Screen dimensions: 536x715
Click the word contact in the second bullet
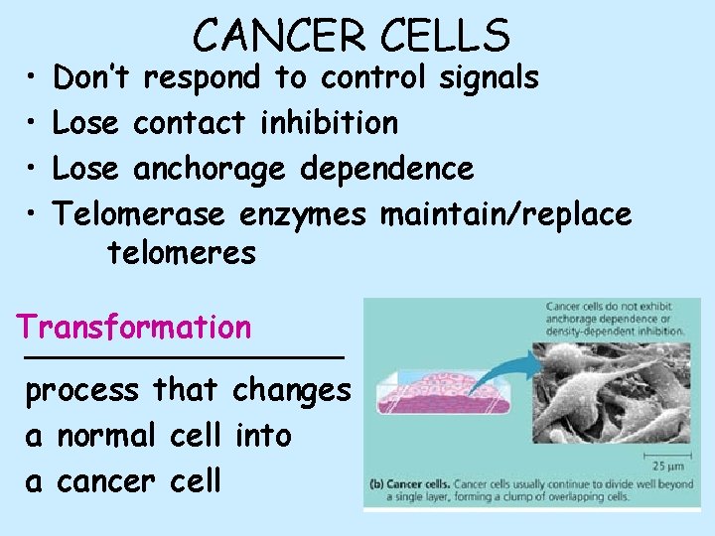click(x=189, y=123)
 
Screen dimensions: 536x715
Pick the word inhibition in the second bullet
click(x=329, y=123)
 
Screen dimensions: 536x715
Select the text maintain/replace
click(x=505, y=214)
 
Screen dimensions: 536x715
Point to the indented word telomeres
click(x=182, y=253)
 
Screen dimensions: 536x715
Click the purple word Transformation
click(x=134, y=327)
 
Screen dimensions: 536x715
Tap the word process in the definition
click(x=82, y=391)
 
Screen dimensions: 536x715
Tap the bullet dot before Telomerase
click(x=33, y=214)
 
